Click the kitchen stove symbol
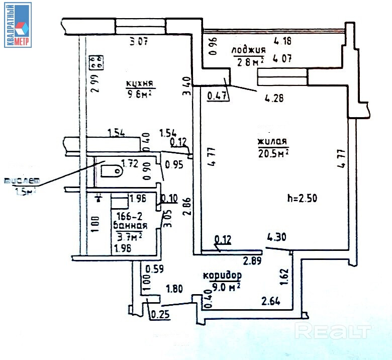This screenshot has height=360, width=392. [x=96, y=62]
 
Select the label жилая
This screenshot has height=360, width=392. [x=273, y=141]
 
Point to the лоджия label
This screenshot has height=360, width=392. [x=248, y=50]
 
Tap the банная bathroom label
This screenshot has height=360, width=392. [x=130, y=226]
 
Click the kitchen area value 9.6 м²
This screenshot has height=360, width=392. [x=139, y=94]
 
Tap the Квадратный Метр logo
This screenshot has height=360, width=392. [x=18, y=25]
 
